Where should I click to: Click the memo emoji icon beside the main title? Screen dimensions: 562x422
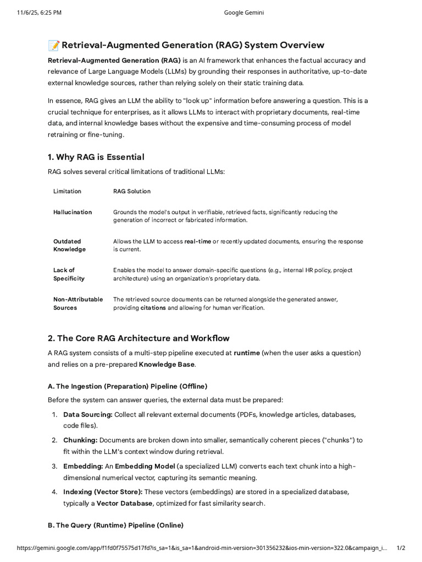tap(53, 45)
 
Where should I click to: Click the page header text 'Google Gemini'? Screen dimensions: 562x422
tap(244, 13)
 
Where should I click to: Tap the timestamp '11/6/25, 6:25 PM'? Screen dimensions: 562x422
tap(38, 13)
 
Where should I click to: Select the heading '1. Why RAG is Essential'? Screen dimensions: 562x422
tap(96, 157)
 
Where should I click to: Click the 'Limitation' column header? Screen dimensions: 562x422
tap(67, 191)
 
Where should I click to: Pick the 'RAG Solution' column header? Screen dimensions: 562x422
tap(132, 191)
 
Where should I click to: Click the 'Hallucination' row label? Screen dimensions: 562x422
tap(73, 212)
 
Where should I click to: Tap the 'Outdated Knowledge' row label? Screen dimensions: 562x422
tap(69, 245)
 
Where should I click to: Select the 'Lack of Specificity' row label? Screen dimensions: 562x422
tap(69, 274)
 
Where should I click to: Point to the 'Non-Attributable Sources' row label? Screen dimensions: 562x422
tap(78, 304)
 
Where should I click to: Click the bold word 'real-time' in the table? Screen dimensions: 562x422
tap(198, 241)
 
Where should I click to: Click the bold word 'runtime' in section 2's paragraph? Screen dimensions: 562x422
tap(247, 353)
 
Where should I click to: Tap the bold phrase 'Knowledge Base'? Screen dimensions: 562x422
tap(167, 364)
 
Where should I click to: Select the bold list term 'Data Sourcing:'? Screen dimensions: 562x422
tap(88, 414)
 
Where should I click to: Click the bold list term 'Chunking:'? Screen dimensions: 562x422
tap(80, 440)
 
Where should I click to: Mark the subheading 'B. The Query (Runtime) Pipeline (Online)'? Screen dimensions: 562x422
tap(115, 525)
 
